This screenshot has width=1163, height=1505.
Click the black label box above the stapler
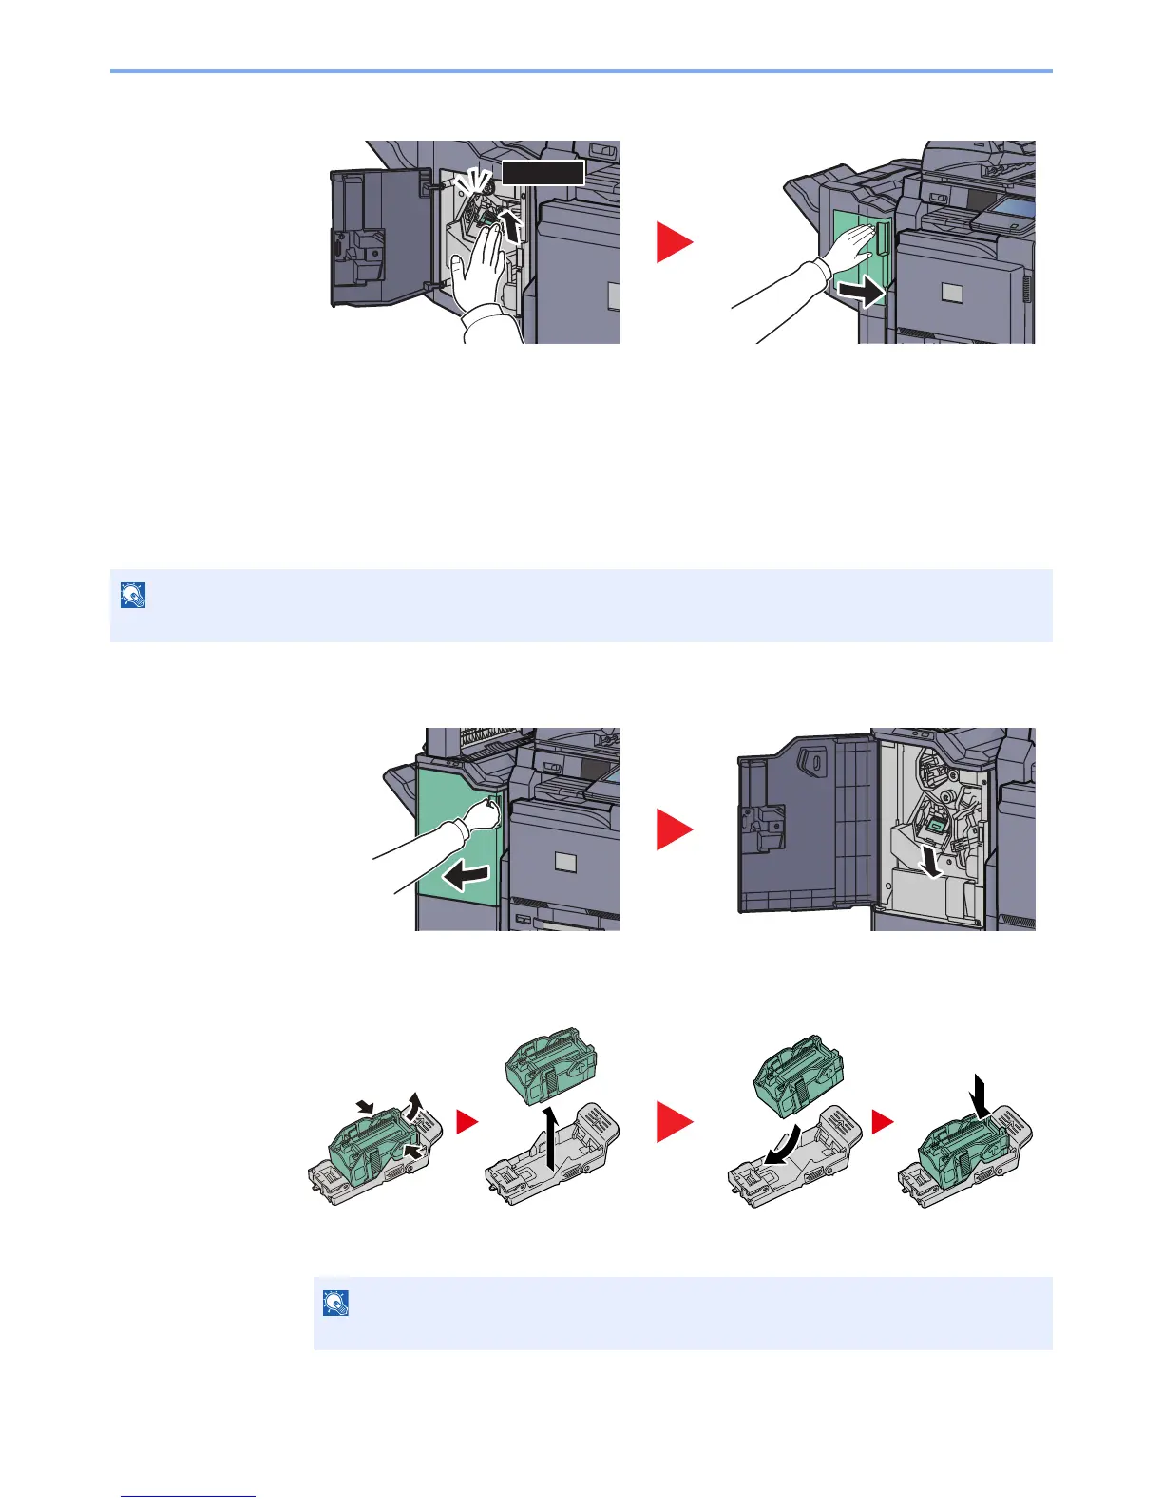click(543, 172)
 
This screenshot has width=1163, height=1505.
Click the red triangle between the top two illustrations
click(675, 242)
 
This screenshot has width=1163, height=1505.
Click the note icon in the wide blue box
click(133, 595)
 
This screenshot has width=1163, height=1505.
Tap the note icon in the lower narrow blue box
click(335, 1302)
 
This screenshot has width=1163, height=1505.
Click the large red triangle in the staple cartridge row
click(675, 1122)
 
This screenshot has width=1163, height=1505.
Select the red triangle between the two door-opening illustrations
click(675, 831)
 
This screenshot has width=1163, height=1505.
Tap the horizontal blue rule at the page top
click(581, 70)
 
